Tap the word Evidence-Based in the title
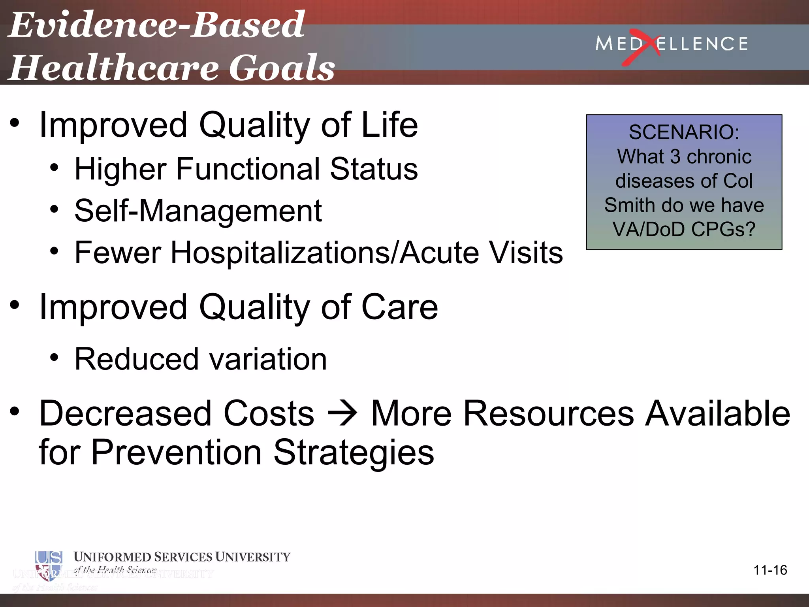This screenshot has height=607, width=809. coord(156,25)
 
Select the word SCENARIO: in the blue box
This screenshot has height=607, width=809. coord(684,132)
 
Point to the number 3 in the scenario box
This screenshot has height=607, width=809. coord(675,156)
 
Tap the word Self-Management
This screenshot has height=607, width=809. coord(198,211)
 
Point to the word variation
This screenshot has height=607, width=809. coord(268,359)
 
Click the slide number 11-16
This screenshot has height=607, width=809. coord(770,570)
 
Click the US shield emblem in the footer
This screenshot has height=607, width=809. coord(49,565)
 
